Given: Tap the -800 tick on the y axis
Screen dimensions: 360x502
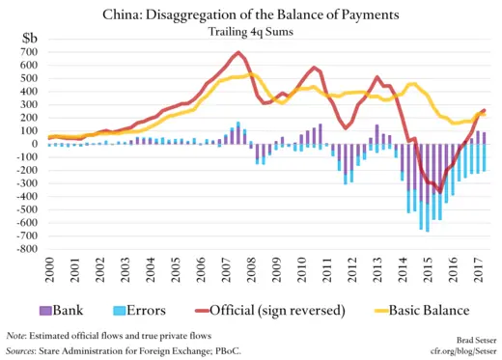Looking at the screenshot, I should tap(29, 248).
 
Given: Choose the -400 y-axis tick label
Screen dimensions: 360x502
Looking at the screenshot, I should tap(29, 196).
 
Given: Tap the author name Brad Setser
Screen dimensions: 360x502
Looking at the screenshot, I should tap(472, 341).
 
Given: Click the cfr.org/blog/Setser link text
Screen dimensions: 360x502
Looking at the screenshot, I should tap(460, 352).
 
